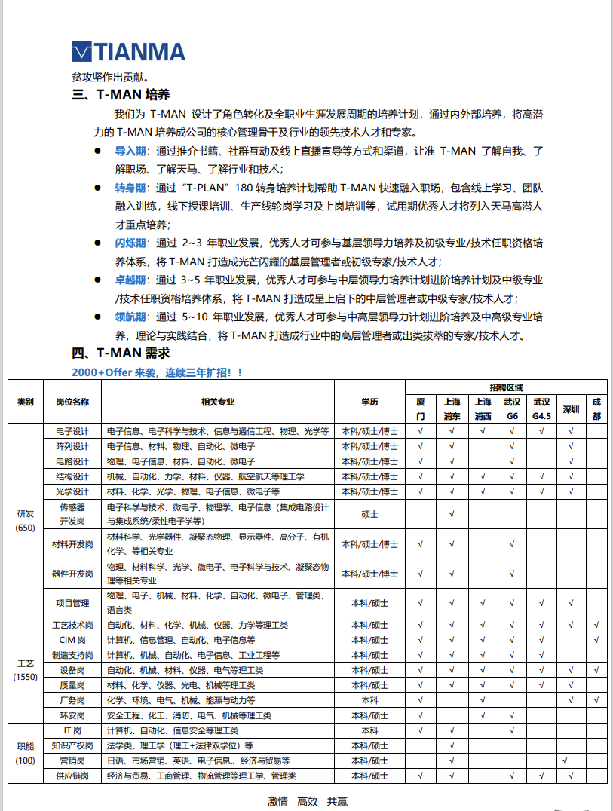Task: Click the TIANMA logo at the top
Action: pos(127,51)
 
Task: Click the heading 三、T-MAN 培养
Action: pos(121,95)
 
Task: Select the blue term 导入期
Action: pos(130,151)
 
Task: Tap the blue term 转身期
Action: pos(130,188)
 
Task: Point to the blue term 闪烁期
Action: pos(130,243)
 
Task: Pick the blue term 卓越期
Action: pos(130,280)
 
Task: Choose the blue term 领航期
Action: pos(130,317)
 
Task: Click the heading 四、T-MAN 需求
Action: pos(121,353)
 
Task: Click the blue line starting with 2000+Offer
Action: pos(158,372)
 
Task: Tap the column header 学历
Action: pos(369,402)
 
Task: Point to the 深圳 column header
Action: pos(571,409)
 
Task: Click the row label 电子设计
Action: pos(72,432)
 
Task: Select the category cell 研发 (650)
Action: pos(26,520)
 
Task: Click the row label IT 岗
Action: pos(72,730)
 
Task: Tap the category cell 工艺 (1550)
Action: pos(26,670)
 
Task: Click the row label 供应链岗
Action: pos(72,776)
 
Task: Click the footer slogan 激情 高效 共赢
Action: pos(308,802)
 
